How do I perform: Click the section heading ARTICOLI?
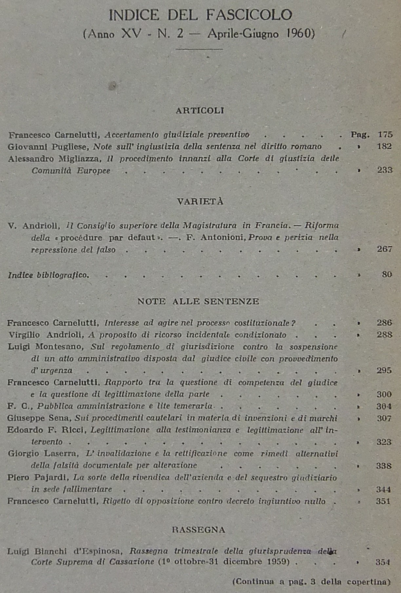click(200, 111)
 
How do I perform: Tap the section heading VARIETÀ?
click(200, 201)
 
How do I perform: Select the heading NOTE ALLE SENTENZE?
click(198, 301)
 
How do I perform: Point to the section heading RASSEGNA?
click(199, 530)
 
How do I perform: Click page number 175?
click(385, 134)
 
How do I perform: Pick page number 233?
click(385, 170)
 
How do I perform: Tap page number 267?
click(384, 249)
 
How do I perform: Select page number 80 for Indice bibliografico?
click(387, 275)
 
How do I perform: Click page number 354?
click(383, 562)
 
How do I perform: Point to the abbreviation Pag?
click(360, 134)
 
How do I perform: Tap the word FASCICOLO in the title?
click(249, 15)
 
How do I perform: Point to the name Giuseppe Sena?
click(39, 418)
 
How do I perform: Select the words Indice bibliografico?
click(48, 275)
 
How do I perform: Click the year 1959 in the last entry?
click(277, 562)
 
